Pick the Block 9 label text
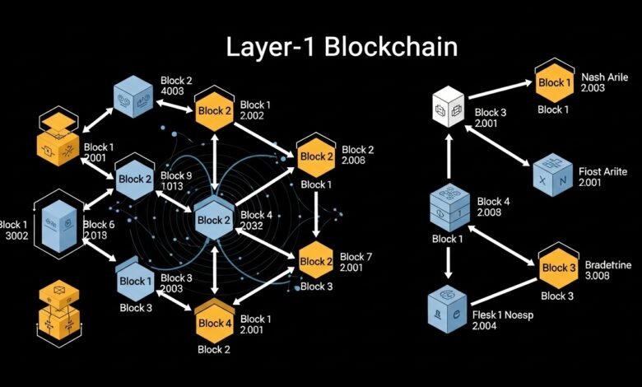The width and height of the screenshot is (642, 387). pyautogui.click(x=178, y=176)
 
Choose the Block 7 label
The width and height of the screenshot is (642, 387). pyautogui.click(x=357, y=258)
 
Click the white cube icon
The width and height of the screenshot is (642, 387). pyautogui.click(x=449, y=108)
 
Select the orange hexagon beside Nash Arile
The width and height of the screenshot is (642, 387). pyautogui.click(x=554, y=83)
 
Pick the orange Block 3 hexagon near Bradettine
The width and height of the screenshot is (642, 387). pyautogui.click(x=558, y=268)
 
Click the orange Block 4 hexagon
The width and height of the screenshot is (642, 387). pyautogui.click(x=215, y=323)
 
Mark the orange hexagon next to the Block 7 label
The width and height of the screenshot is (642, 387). pyautogui.click(x=317, y=262)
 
